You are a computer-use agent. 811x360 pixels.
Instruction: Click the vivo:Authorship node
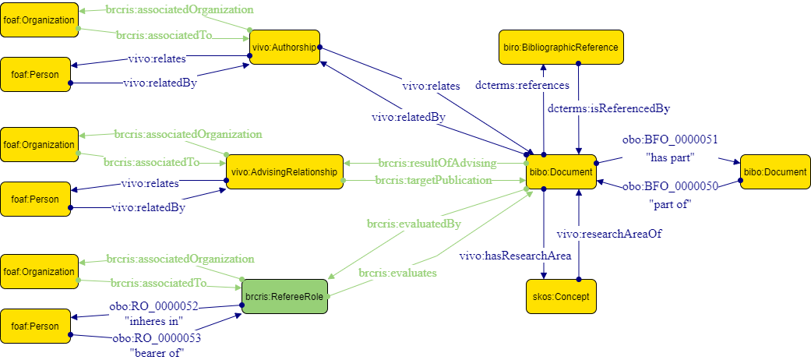pyautogui.click(x=285, y=48)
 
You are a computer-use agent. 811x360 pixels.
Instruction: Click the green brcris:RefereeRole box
pyautogui.click(x=285, y=296)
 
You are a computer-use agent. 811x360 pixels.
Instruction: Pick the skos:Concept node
pyautogui.click(x=561, y=297)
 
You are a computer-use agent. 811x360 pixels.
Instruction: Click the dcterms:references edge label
pyautogui.click(x=522, y=85)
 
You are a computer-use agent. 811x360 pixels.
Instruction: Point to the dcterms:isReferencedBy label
pyautogui.click(x=608, y=108)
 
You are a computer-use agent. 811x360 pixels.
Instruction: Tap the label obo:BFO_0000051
pyautogui.click(x=670, y=140)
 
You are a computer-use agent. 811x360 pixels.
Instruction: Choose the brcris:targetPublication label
pyautogui.click(x=433, y=180)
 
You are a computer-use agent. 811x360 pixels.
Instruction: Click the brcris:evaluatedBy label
pyautogui.click(x=414, y=224)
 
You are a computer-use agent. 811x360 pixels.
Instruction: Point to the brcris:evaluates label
pyautogui.click(x=397, y=274)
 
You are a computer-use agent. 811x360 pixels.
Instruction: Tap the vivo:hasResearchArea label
pyautogui.click(x=515, y=256)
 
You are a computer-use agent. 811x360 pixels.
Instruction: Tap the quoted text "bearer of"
pyautogui.click(x=152, y=354)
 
